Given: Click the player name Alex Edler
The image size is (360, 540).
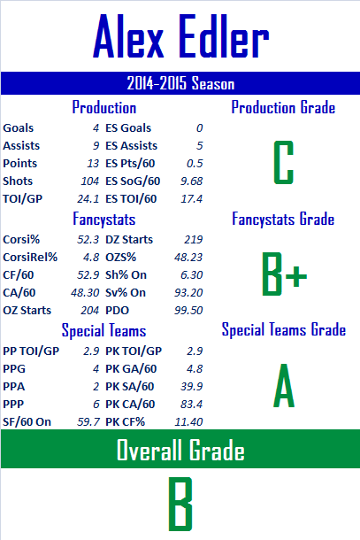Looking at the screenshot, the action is pyautogui.click(x=181, y=36).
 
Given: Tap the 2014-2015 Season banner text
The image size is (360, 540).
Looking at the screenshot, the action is pyautogui.click(x=180, y=83).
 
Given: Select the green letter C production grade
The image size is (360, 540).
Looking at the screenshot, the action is pyautogui.click(x=284, y=162).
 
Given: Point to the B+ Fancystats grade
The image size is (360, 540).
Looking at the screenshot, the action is pyautogui.click(x=284, y=274).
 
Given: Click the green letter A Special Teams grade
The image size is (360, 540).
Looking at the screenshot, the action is pyautogui.click(x=284, y=386).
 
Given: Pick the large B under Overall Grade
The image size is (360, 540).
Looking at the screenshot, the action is pyautogui.click(x=180, y=504).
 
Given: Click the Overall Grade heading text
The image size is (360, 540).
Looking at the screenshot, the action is pyautogui.click(x=180, y=450).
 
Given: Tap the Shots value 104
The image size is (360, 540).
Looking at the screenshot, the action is pyautogui.click(x=90, y=181).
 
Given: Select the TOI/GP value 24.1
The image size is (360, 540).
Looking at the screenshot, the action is pyautogui.click(x=88, y=198).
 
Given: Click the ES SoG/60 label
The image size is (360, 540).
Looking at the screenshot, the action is pyautogui.click(x=133, y=181).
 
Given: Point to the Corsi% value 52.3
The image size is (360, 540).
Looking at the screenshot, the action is pyautogui.click(x=88, y=239).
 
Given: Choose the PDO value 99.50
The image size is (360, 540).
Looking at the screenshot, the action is pyautogui.click(x=188, y=311).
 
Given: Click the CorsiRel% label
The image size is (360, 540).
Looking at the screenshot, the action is pyautogui.click(x=30, y=258).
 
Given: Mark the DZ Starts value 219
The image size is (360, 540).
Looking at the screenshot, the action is pyautogui.click(x=194, y=239).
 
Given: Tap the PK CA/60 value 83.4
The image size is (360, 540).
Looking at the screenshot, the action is pyautogui.click(x=192, y=404).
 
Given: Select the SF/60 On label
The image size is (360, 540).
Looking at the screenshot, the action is pyautogui.click(x=27, y=421).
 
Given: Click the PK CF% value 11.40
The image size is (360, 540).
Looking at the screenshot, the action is pyautogui.click(x=188, y=421).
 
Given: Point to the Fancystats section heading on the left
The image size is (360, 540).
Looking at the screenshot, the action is pyautogui.click(x=104, y=220).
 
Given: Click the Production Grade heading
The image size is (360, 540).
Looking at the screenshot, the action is pyautogui.click(x=283, y=107).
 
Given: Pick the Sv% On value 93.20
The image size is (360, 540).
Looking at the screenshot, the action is pyautogui.click(x=188, y=293).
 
